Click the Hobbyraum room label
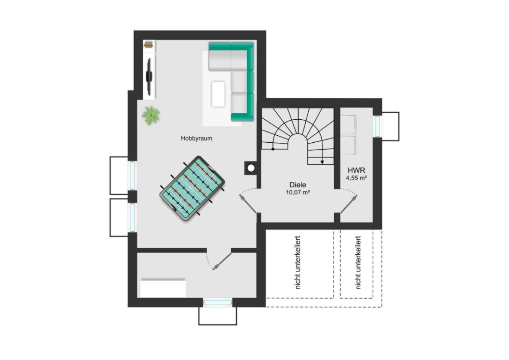pyautogui.click(x=196, y=138)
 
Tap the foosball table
pyautogui.click(x=193, y=189)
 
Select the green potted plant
pyautogui.click(x=151, y=115)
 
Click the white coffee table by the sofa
pyautogui.click(x=218, y=94)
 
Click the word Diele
pyautogui.click(x=298, y=185)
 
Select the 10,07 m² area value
pyautogui.click(x=298, y=193)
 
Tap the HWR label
pyautogui.click(x=356, y=170)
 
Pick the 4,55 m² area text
pyautogui.click(x=356, y=178)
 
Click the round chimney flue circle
pyautogui.click(x=251, y=168)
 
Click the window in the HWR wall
pyautogui.click(x=377, y=126)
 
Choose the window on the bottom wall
pyautogui.click(x=218, y=303)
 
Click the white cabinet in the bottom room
pyautogui.click(x=163, y=288)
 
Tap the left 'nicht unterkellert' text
pyautogui.click(x=298, y=262)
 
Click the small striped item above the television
pyautogui.click(x=149, y=45)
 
